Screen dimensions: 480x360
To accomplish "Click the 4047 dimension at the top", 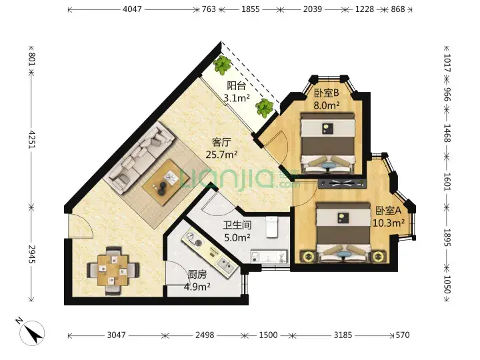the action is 132,9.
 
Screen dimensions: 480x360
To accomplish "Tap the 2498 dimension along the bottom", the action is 205,335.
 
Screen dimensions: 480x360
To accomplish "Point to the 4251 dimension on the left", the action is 31,140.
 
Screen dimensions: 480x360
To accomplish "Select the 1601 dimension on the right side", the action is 447,182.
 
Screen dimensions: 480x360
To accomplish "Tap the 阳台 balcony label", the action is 236,86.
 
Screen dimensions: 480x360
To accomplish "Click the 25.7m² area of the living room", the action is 221,154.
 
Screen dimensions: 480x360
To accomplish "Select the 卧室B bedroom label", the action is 326,93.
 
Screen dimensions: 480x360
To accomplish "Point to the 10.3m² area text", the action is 389,223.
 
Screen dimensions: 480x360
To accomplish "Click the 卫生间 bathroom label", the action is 237,225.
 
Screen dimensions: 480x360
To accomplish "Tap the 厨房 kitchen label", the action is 197,275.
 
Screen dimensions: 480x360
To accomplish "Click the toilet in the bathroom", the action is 271,227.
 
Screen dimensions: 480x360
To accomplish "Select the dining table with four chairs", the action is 113,270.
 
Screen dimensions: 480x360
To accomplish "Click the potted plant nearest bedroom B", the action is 265,108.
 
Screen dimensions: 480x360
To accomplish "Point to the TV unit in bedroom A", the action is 342,183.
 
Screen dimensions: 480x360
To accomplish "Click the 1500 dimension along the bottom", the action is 268,335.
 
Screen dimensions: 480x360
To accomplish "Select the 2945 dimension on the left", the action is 31,254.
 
